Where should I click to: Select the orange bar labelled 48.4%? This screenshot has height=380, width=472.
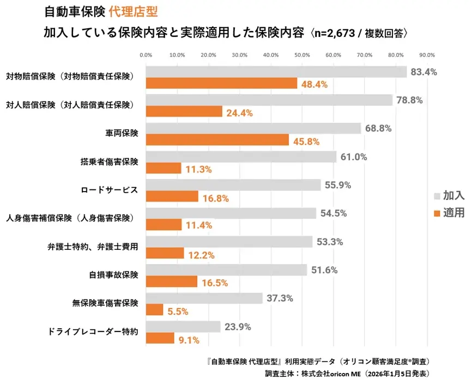pyautogui.click(x=222, y=84)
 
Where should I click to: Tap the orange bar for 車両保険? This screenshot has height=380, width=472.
pyautogui.click(x=217, y=140)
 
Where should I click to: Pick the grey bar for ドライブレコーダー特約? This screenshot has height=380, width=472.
pyautogui.click(x=184, y=327)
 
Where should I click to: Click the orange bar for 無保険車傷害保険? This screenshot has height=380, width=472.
pyautogui.click(x=155, y=310)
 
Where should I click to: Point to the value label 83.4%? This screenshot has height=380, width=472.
pyautogui.click(x=424, y=72)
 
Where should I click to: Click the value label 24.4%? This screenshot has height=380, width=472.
pyautogui.click(x=240, y=113)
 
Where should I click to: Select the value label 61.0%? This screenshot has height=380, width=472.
pyautogui.click(x=354, y=157)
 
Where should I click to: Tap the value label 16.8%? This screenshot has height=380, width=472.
pyautogui.click(x=216, y=198)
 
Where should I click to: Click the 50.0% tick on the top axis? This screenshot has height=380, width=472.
pyautogui.click(x=302, y=55)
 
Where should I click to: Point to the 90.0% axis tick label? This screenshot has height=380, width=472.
pyautogui.click(x=427, y=55)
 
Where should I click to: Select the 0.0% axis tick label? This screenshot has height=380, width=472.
pyautogui.click(x=146, y=55)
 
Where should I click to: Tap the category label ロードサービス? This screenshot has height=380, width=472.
pyautogui.click(x=110, y=190)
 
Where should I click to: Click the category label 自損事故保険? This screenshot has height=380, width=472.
pyautogui.click(x=113, y=275)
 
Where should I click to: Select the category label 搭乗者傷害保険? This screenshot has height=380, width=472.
pyautogui.click(x=110, y=162)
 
